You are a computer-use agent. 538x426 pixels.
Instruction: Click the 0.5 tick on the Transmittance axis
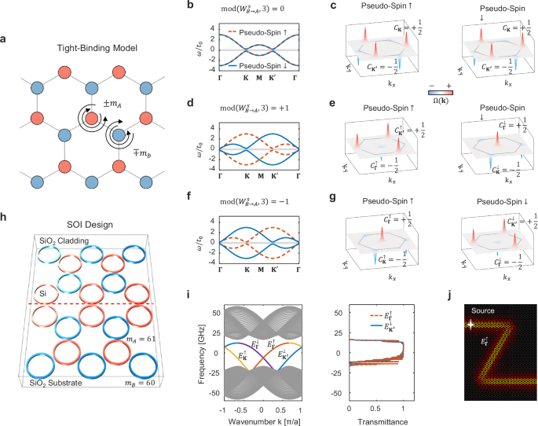coord(376,409)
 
